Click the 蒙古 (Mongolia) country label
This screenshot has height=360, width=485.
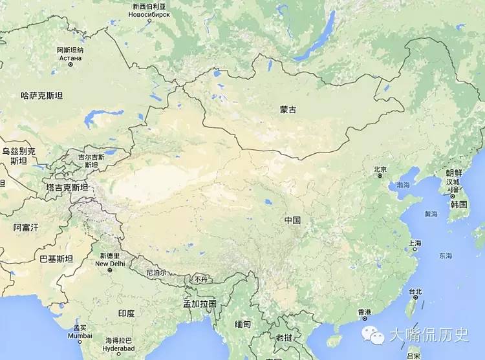(288, 111)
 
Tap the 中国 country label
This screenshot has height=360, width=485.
(292, 220)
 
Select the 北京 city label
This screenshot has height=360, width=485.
(380, 170)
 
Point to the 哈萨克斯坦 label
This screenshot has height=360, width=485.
(42, 96)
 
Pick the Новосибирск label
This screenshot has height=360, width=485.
(150, 14)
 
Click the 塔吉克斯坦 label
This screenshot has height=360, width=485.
(67, 187)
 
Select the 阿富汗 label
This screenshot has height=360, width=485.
(27, 228)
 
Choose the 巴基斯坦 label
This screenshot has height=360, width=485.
(56, 259)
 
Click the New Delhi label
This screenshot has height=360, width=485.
(109, 264)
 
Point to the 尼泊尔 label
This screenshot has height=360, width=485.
(156, 272)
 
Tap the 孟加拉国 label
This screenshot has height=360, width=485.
(199, 303)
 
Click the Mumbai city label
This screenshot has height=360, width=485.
(80, 336)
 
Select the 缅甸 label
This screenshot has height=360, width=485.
(242, 324)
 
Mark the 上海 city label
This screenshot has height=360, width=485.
(415, 244)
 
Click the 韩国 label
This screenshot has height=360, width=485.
(459, 204)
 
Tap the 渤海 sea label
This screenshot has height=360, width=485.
(404, 185)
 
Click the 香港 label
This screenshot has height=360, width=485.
(365, 312)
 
